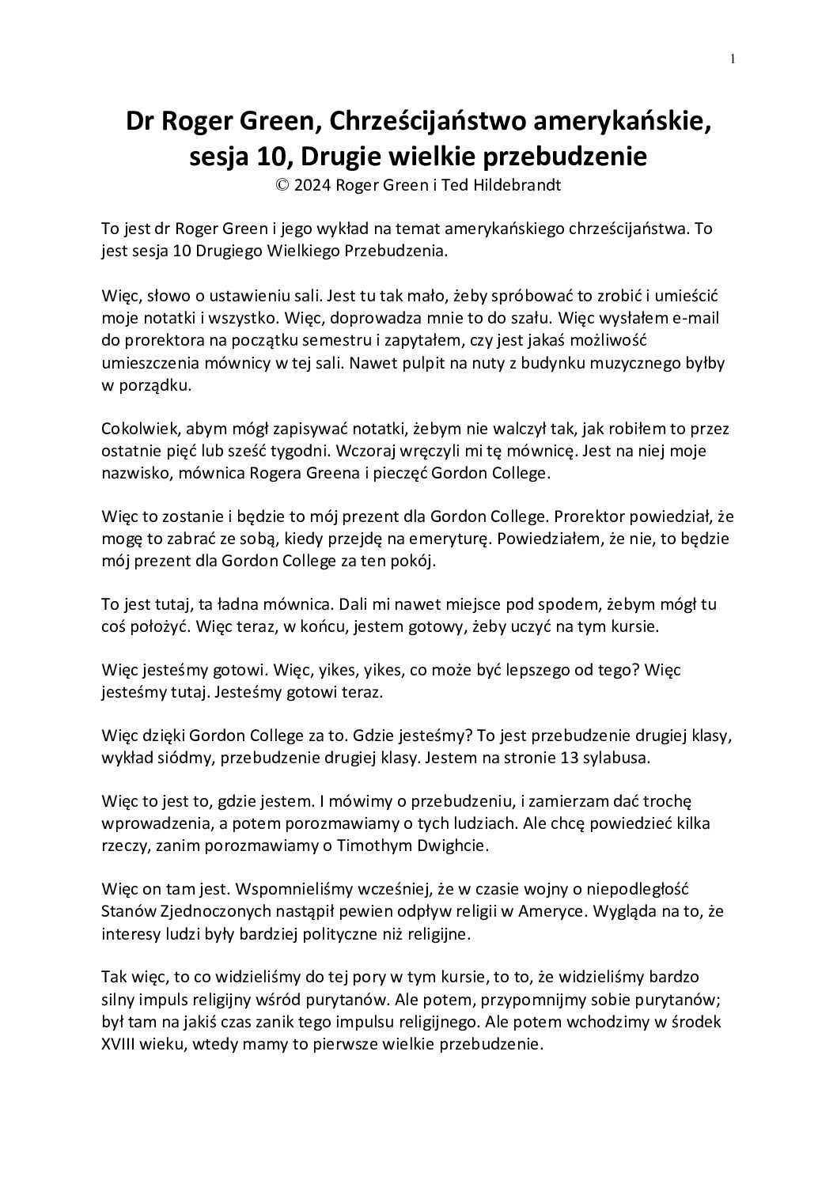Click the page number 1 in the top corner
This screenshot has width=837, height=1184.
click(733, 58)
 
